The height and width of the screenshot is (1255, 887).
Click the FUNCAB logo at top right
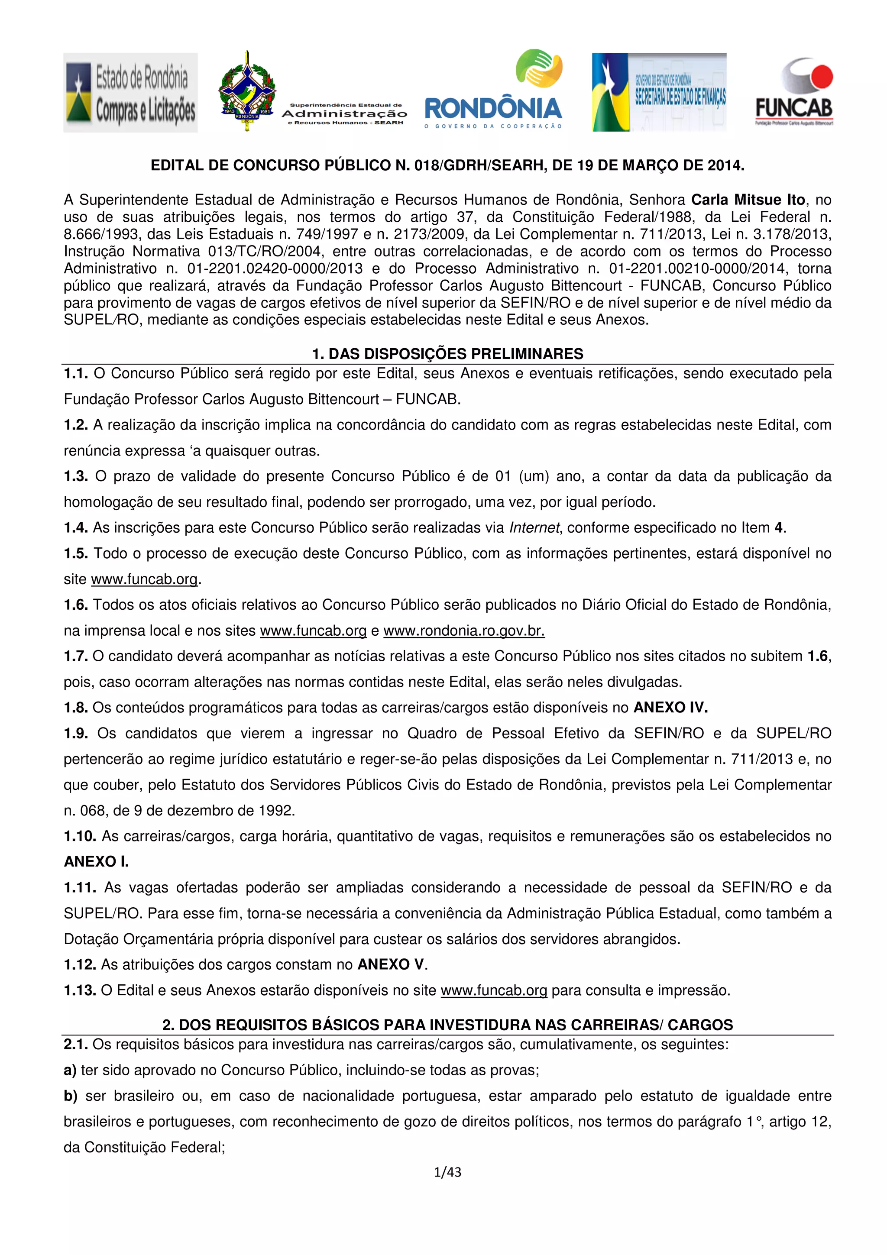tap(794, 92)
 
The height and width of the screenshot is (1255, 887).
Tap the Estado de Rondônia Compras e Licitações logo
tap(131, 92)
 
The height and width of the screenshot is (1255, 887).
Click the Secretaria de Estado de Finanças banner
tap(659, 92)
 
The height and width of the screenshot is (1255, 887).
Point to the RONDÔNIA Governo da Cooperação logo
tap(493, 90)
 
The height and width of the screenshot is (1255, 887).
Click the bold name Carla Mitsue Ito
tap(748, 200)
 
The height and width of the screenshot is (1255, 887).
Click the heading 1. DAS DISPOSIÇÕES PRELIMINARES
tap(447, 354)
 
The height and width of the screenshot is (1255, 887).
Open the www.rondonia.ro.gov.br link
tap(464, 631)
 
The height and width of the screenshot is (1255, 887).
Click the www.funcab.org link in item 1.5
tap(144, 579)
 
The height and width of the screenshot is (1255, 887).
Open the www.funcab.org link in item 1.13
tap(493, 990)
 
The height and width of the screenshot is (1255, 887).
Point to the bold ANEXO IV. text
tap(670, 708)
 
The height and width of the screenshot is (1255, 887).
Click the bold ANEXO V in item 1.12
tap(391, 965)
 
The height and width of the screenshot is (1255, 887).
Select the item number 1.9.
tap(76, 734)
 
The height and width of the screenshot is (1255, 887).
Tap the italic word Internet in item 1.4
tap(534, 528)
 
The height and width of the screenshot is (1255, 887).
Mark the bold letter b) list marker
tap(71, 1096)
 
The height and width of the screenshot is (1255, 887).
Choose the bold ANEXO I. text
tap(96, 862)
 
